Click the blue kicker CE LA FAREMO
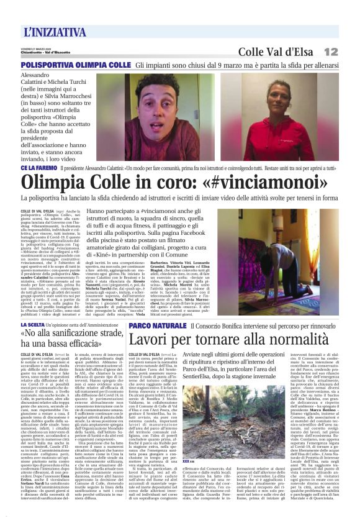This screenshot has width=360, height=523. pos(38,168)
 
